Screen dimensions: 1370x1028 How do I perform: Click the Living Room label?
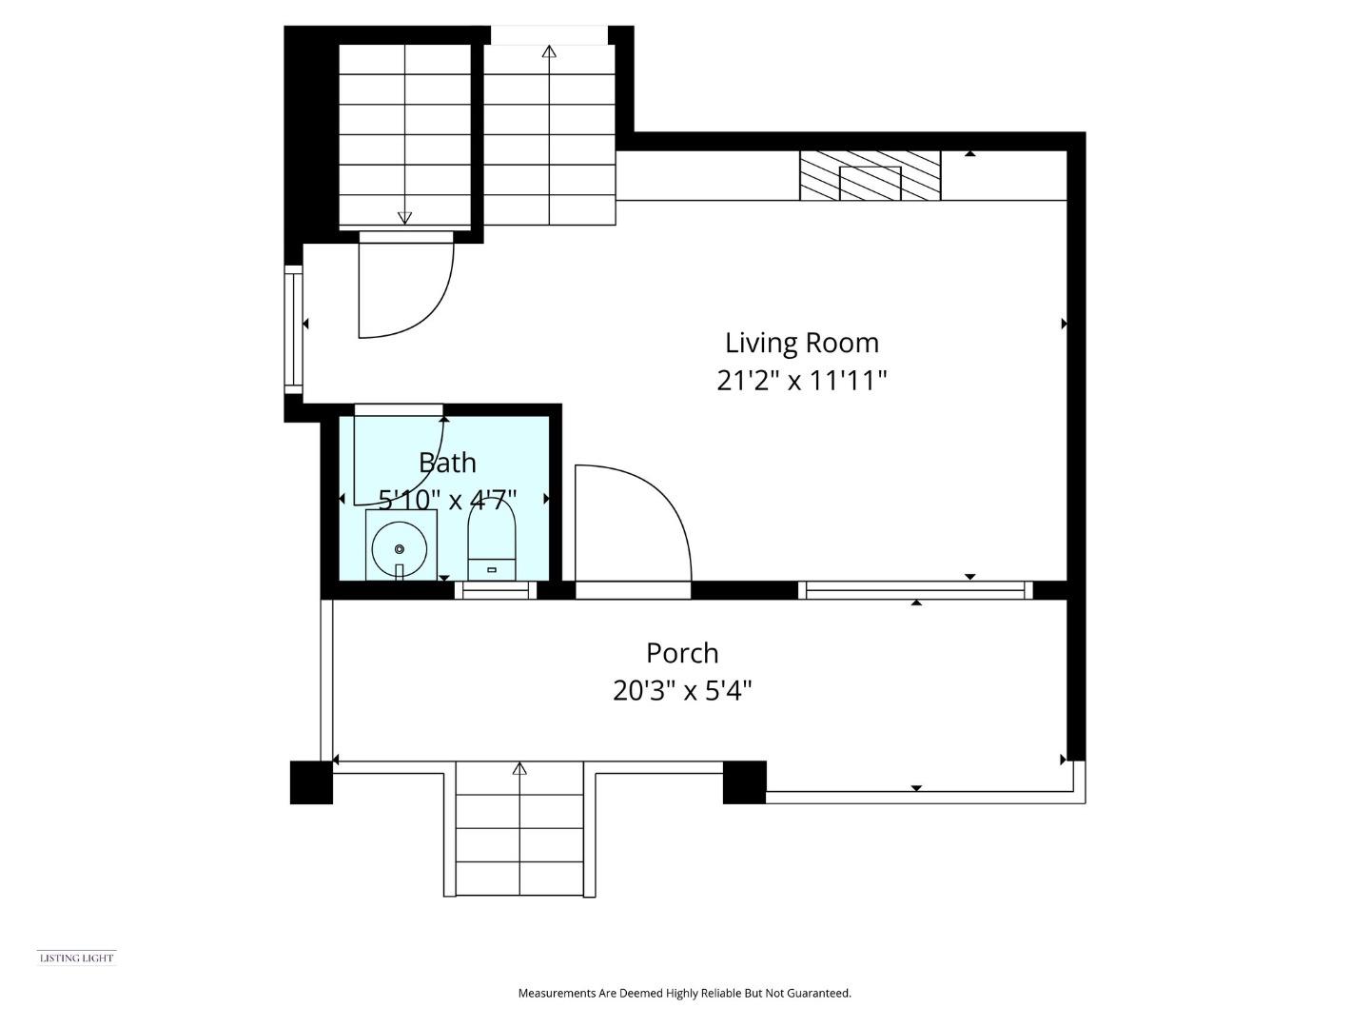click(x=801, y=344)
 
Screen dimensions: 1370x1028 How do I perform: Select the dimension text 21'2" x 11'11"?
click(x=801, y=381)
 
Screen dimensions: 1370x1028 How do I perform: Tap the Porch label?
click(x=682, y=654)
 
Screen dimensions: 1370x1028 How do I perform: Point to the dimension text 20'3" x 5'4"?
click(x=682, y=691)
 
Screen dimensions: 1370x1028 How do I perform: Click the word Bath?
click(x=447, y=464)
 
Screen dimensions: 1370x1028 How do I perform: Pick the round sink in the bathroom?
click(x=400, y=549)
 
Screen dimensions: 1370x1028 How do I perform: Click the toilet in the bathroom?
click(x=491, y=541)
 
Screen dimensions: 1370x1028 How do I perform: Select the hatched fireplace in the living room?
click(x=871, y=175)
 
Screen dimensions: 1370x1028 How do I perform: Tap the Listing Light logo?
click(x=77, y=959)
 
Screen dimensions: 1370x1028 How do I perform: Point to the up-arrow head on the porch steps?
click(x=519, y=768)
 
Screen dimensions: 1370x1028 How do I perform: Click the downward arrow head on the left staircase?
click(x=404, y=218)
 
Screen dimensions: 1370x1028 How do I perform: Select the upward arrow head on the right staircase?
click(x=549, y=51)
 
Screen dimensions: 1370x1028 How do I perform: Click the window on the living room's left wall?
click(x=293, y=329)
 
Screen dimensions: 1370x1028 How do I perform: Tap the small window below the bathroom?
click(x=496, y=590)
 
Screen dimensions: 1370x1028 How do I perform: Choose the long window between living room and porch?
click(x=915, y=590)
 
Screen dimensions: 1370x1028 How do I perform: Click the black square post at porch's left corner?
click(x=311, y=782)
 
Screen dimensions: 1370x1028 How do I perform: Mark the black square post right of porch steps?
click(x=745, y=782)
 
